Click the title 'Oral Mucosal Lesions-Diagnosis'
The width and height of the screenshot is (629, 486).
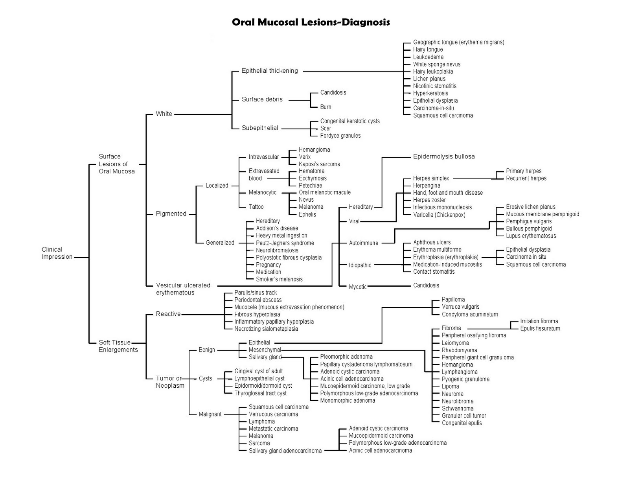pyautogui.click(x=311, y=22)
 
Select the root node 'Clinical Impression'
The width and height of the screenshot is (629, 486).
pyautogui.click(x=57, y=253)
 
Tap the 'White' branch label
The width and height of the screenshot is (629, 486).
pyautogui.click(x=164, y=114)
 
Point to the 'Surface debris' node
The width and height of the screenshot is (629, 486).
pyautogui.click(x=262, y=99)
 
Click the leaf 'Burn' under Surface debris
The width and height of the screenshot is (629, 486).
pyautogui.click(x=326, y=107)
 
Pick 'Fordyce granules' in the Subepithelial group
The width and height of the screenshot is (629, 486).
pyautogui.click(x=340, y=136)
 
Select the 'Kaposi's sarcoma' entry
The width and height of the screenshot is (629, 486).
pyautogui.click(x=319, y=164)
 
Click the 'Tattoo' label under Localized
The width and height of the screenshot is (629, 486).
pyautogui.click(x=256, y=207)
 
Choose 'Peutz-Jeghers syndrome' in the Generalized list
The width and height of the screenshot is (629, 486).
pyautogui.click(x=285, y=243)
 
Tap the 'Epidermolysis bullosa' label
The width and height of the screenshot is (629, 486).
pyautogui.click(x=444, y=156)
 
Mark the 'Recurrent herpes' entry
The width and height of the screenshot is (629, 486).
pyautogui.click(x=526, y=178)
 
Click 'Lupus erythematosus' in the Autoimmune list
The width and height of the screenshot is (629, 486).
pyautogui.click(x=531, y=236)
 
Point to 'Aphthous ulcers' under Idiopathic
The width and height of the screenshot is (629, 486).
pyautogui.click(x=432, y=242)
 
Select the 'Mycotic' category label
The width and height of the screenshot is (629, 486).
pyautogui.click(x=357, y=287)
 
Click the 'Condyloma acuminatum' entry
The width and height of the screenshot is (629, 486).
pyautogui.click(x=470, y=314)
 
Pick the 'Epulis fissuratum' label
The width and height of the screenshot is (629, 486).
pyautogui.click(x=540, y=329)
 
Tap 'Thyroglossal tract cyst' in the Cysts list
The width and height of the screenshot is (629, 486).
pyautogui.click(x=261, y=393)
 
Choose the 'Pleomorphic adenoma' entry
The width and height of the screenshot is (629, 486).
pyautogui.click(x=346, y=357)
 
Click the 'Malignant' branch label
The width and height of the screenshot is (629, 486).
pyautogui.click(x=210, y=414)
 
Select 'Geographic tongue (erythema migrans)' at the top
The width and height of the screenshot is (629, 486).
pyautogui.click(x=458, y=42)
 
